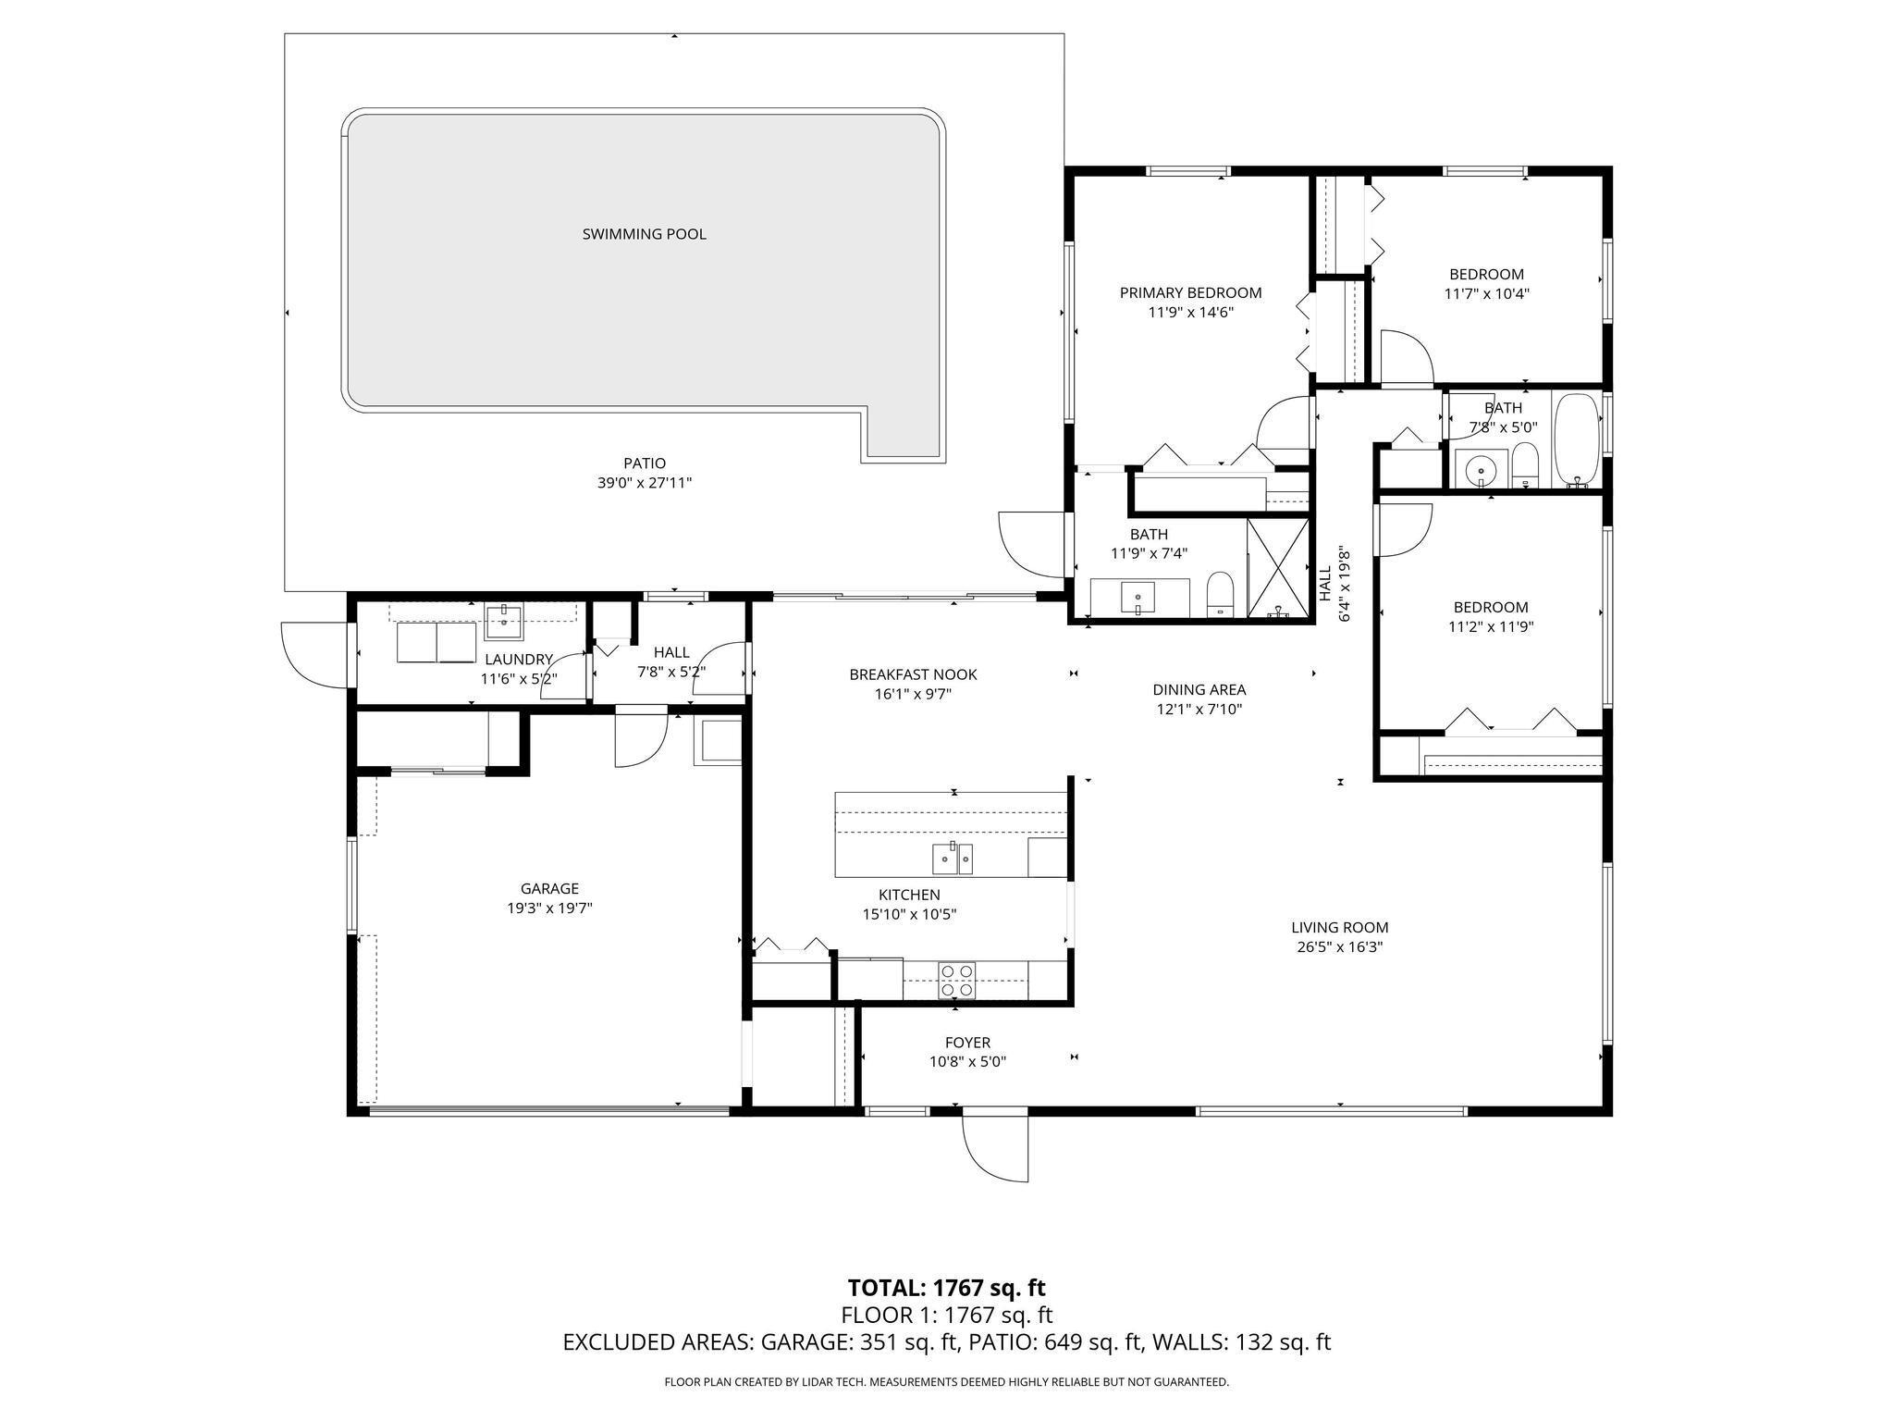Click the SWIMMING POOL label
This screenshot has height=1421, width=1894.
click(x=644, y=234)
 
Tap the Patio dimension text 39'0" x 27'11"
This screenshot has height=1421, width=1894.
click(x=644, y=483)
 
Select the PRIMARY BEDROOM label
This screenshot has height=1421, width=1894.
click(x=1190, y=293)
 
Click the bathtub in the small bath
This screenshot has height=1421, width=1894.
click(x=1576, y=440)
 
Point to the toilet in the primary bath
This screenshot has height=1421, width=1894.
click(x=1221, y=594)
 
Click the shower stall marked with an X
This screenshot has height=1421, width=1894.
click(x=1278, y=567)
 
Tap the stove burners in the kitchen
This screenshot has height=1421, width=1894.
click(x=956, y=980)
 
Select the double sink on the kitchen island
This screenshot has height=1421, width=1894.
click(x=952, y=859)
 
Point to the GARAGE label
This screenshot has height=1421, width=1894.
click(x=549, y=889)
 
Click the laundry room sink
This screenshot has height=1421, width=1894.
click(x=504, y=621)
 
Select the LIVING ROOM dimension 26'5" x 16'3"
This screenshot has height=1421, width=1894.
click(x=1339, y=947)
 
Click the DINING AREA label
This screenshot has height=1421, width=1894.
click(x=1199, y=690)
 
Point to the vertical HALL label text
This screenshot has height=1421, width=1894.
click(x=1324, y=585)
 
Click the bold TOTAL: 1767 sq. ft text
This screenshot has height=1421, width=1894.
click(x=946, y=1288)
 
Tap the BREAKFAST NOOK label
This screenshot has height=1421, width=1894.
click(x=913, y=675)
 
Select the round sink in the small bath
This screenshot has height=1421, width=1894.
click(x=1481, y=469)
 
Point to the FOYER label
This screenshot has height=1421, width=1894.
click(x=967, y=1043)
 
